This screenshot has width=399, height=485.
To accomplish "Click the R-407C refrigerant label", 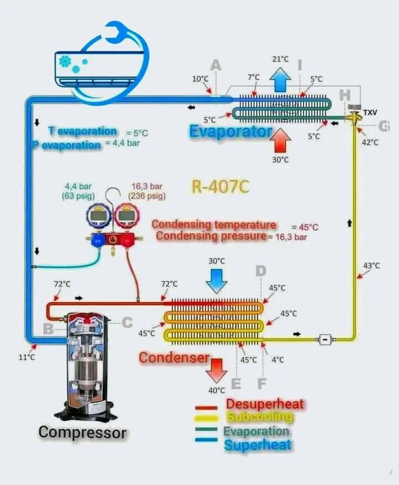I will click(x=220, y=186).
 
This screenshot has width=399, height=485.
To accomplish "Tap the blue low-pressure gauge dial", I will click(x=98, y=218).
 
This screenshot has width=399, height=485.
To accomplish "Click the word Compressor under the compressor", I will click(x=83, y=432).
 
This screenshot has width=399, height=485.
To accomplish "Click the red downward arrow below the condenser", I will click(x=216, y=369).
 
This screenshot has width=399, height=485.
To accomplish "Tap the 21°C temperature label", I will click(x=280, y=59).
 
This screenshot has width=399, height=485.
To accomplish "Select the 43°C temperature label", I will click(x=371, y=266).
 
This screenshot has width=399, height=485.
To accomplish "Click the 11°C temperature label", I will click(x=26, y=357).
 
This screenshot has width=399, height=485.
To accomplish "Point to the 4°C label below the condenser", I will click(x=278, y=360).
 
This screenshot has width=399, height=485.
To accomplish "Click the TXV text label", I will click(x=370, y=113).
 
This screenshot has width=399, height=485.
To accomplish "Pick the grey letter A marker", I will click(x=216, y=65).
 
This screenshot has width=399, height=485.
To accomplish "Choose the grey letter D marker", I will click(x=260, y=271).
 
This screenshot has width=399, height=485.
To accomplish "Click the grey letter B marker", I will click(x=48, y=329).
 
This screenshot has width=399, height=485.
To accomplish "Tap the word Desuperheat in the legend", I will click(x=265, y=405).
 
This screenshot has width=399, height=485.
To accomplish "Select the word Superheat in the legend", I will click(x=258, y=444).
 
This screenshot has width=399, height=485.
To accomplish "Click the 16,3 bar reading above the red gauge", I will click(x=147, y=186).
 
